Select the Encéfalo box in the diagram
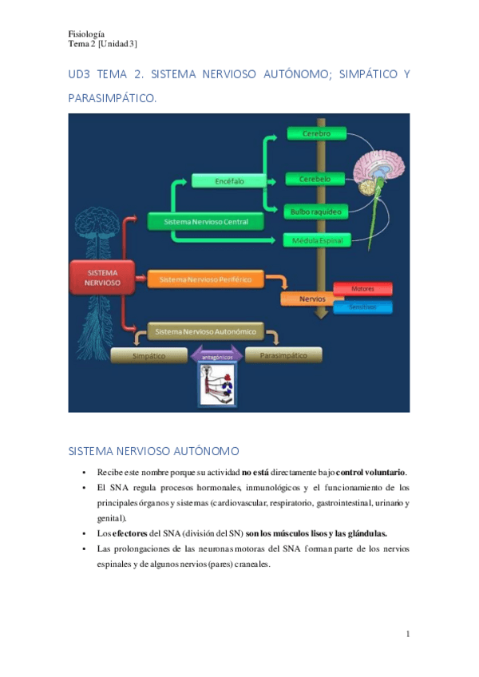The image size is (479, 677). click(229, 181)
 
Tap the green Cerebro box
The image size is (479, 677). click(317, 133)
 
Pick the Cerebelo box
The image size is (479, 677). click(315, 179)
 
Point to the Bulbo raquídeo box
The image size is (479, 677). click(316, 212)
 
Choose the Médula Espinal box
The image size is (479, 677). click(315, 240)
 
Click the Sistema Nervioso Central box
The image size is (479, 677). click(205, 221)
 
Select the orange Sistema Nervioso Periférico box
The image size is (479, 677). click(205, 279)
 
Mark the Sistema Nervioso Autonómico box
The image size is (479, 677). click(205, 331)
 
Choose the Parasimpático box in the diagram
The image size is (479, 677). click(283, 355)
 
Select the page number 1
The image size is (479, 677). click(407, 635)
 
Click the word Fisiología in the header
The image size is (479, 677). click(86, 34)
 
